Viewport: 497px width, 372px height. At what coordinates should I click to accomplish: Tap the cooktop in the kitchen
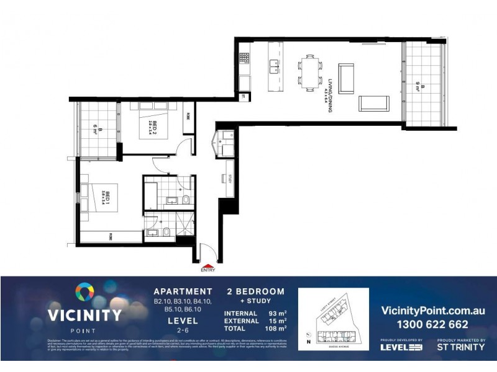click(245, 59)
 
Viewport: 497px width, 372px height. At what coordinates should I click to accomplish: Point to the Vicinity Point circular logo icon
click(84, 292)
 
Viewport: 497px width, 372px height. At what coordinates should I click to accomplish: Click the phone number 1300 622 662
click(432, 324)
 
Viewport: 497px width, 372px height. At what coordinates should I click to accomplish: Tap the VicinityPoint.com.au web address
click(432, 310)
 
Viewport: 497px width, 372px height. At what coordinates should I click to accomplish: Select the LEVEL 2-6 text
click(183, 325)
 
